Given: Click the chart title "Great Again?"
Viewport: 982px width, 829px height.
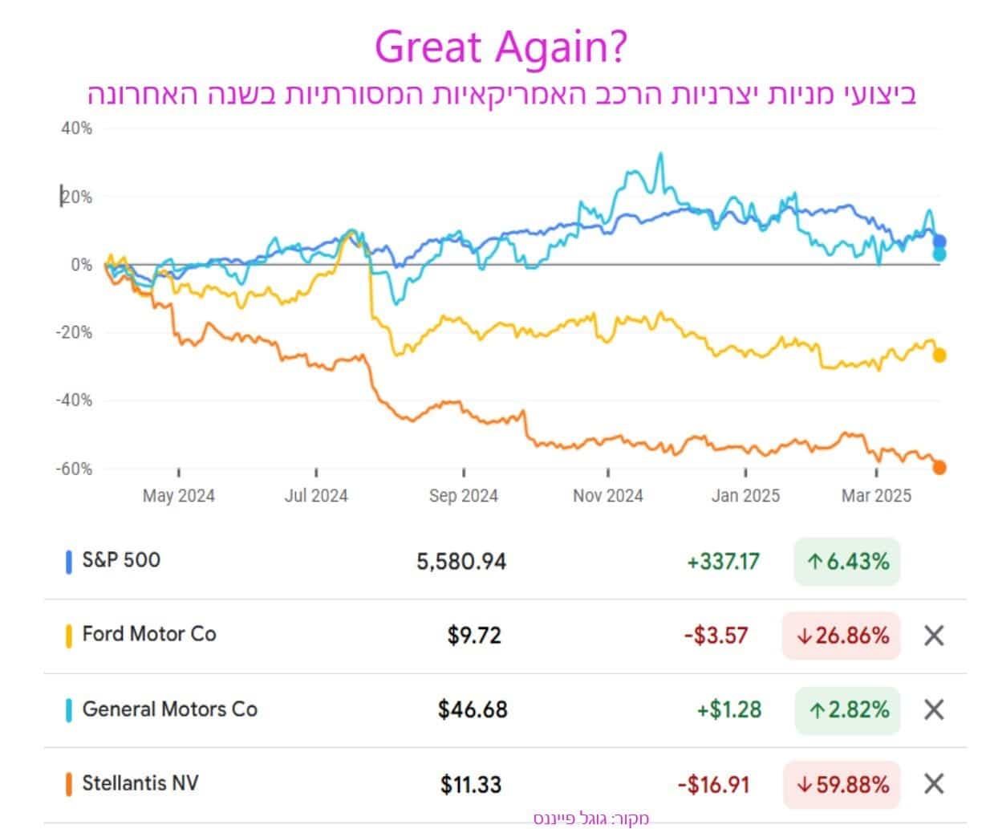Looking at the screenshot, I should pos(501,47).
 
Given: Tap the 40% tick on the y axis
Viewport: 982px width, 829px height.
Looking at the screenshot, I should pos(76,128).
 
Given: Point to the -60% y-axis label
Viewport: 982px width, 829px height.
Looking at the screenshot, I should pos(74,469).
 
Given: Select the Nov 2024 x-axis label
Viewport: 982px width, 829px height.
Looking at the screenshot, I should pos(607,496).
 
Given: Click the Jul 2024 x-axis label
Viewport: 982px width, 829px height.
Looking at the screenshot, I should pos(316,496).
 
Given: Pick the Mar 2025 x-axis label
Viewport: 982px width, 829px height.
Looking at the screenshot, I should pos(876,496).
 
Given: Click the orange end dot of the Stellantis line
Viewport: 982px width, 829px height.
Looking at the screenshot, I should pos(939,467).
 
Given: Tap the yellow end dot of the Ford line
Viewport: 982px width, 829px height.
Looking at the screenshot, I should pos(939,355).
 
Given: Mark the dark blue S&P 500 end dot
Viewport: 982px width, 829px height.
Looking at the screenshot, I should pos(939,242).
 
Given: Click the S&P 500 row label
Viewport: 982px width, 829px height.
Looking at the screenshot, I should pos(121,560).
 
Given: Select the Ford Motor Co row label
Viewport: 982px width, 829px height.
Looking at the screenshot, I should pos(149,635).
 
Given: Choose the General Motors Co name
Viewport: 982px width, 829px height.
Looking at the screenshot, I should pos(169,709).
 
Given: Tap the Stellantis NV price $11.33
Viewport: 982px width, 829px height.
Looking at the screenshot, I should pos(471,784).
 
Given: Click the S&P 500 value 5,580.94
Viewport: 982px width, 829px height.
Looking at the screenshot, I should pos(461,562).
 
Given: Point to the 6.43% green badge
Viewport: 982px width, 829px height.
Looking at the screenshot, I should pos(847,562).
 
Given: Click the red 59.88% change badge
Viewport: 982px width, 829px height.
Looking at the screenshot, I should pos(842,784).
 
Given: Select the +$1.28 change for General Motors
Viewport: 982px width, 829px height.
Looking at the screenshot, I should pos(728,710).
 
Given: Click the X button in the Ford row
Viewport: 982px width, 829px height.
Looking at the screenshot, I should pos(934,636).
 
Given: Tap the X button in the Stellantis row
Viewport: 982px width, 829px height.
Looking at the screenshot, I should pos(934,784).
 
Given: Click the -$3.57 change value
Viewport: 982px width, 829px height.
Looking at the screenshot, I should pos(716,636).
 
